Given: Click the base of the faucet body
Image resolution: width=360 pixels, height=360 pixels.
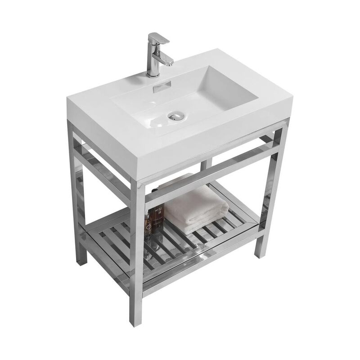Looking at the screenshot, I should pos(153,72).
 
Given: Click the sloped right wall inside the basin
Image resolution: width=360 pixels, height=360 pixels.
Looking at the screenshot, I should pos(225,94).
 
